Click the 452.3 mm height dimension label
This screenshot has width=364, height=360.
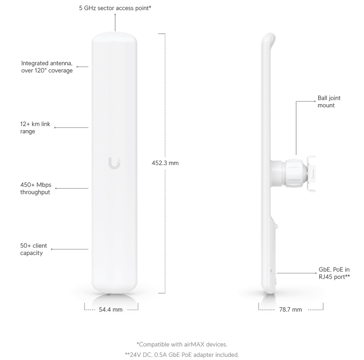point(165,163)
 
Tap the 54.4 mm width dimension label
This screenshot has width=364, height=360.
point(111,310)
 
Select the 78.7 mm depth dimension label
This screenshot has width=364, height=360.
point(290,310)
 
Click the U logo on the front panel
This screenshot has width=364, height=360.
point(114,163)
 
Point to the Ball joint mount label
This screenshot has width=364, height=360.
point(329,102)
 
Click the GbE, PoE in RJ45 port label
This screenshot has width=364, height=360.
point(334,273)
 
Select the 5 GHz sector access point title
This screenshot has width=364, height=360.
point(115,8)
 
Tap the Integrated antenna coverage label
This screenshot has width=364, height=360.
point(47,67)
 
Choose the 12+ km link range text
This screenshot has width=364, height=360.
point(35,128)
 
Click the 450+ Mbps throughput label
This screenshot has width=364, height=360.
point(36,188)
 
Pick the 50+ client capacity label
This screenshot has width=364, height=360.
point(33,249)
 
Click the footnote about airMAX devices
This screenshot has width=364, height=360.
point(182,344)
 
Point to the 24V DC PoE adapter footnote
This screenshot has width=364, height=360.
point(182,355)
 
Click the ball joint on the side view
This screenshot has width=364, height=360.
point(294,173)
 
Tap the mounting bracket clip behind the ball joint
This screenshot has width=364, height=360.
point(311,174)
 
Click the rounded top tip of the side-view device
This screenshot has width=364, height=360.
point(270,35)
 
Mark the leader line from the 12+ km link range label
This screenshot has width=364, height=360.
point(71,128)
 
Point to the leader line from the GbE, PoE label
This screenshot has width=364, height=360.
point(296,273)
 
